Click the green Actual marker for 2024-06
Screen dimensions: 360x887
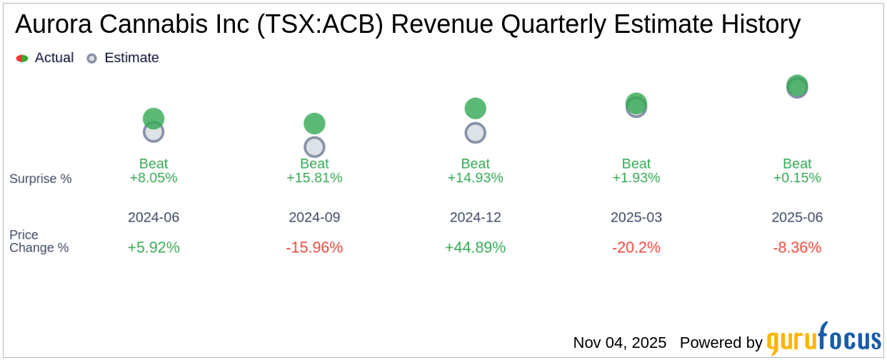pos(154,118)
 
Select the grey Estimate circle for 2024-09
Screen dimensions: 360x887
pos(314,147)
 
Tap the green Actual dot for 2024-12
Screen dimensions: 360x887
pos(475,109)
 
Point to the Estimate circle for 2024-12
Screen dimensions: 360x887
pos(475,133)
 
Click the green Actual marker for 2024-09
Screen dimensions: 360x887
pos(314,124)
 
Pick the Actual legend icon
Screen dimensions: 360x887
pos(22,59)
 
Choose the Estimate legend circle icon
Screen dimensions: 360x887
pos(91,59)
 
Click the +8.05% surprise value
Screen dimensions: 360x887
pos(154,178)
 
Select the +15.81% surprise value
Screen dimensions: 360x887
pos(314,178)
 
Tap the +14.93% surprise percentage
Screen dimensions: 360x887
pos(475,178)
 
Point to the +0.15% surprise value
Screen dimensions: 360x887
pos(797,178)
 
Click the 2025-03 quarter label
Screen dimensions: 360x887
pos(636,217)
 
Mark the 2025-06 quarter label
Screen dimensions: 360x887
pos(797,217)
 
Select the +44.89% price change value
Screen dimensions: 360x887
pos(475,248)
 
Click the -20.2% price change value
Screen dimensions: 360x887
pos(636,248)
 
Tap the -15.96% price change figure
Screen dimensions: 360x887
pos(314,248)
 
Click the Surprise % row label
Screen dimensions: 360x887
pos(41,179)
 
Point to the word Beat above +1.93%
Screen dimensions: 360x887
pos(636,164)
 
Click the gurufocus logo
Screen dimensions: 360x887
pos(823,341)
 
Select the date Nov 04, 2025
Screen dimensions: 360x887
pos(619,343)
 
